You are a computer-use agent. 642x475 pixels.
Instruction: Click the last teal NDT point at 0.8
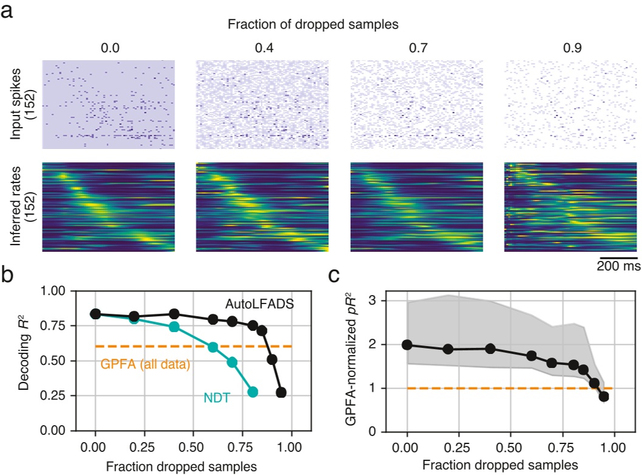(253, 392)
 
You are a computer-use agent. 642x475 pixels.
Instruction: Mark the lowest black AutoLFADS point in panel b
(281, 392)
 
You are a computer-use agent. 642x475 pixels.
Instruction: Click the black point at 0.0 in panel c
(407, 345)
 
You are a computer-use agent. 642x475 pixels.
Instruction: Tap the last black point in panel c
(603, 397)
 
